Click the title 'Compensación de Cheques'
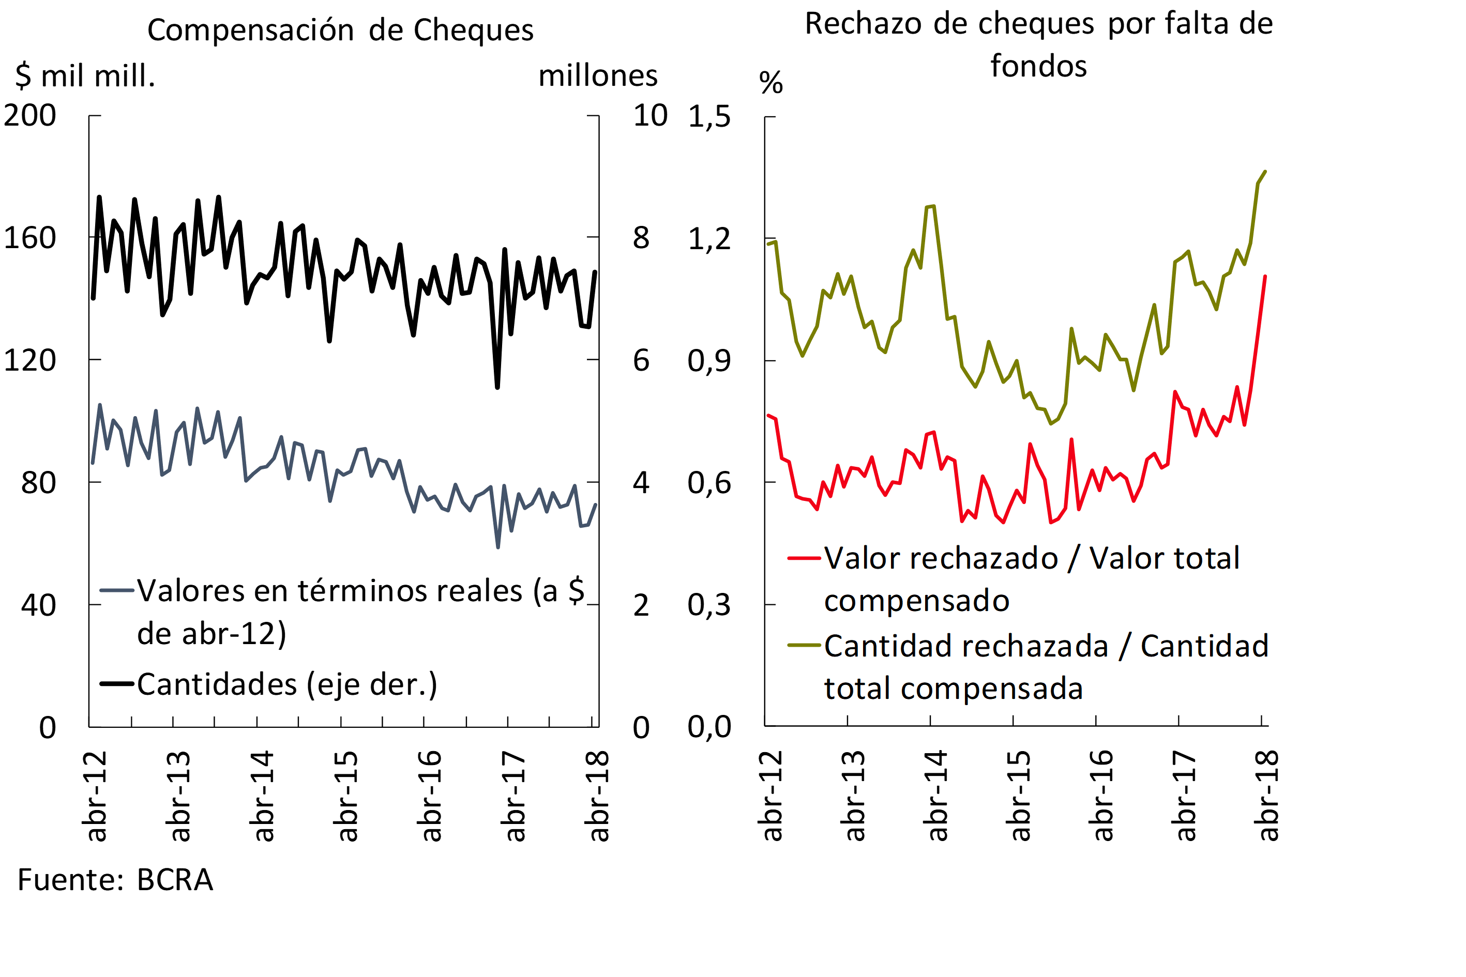tap(340, 30)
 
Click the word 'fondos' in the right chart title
tap(1038, 66)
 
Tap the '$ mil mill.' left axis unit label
tap(85, 76)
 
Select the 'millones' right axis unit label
tap(598, 76)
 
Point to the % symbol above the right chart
tap(771, 82)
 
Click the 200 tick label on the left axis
tap(30, 116)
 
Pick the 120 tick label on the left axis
tap(30, 361)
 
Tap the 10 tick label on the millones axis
tap(650, 116)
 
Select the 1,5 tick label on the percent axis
tap(709, 116)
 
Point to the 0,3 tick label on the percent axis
tap(709, 605)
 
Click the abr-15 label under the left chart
tap(346, 796)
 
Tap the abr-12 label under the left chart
tap(95, 796)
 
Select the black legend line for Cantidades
tap(117, 684)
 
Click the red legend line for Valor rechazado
tap(804, 558)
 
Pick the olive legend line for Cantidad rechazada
tap(804, 645)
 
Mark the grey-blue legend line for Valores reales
tap(117, 590)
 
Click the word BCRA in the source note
tap(175, 880)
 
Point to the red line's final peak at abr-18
tap(1265, 277)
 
